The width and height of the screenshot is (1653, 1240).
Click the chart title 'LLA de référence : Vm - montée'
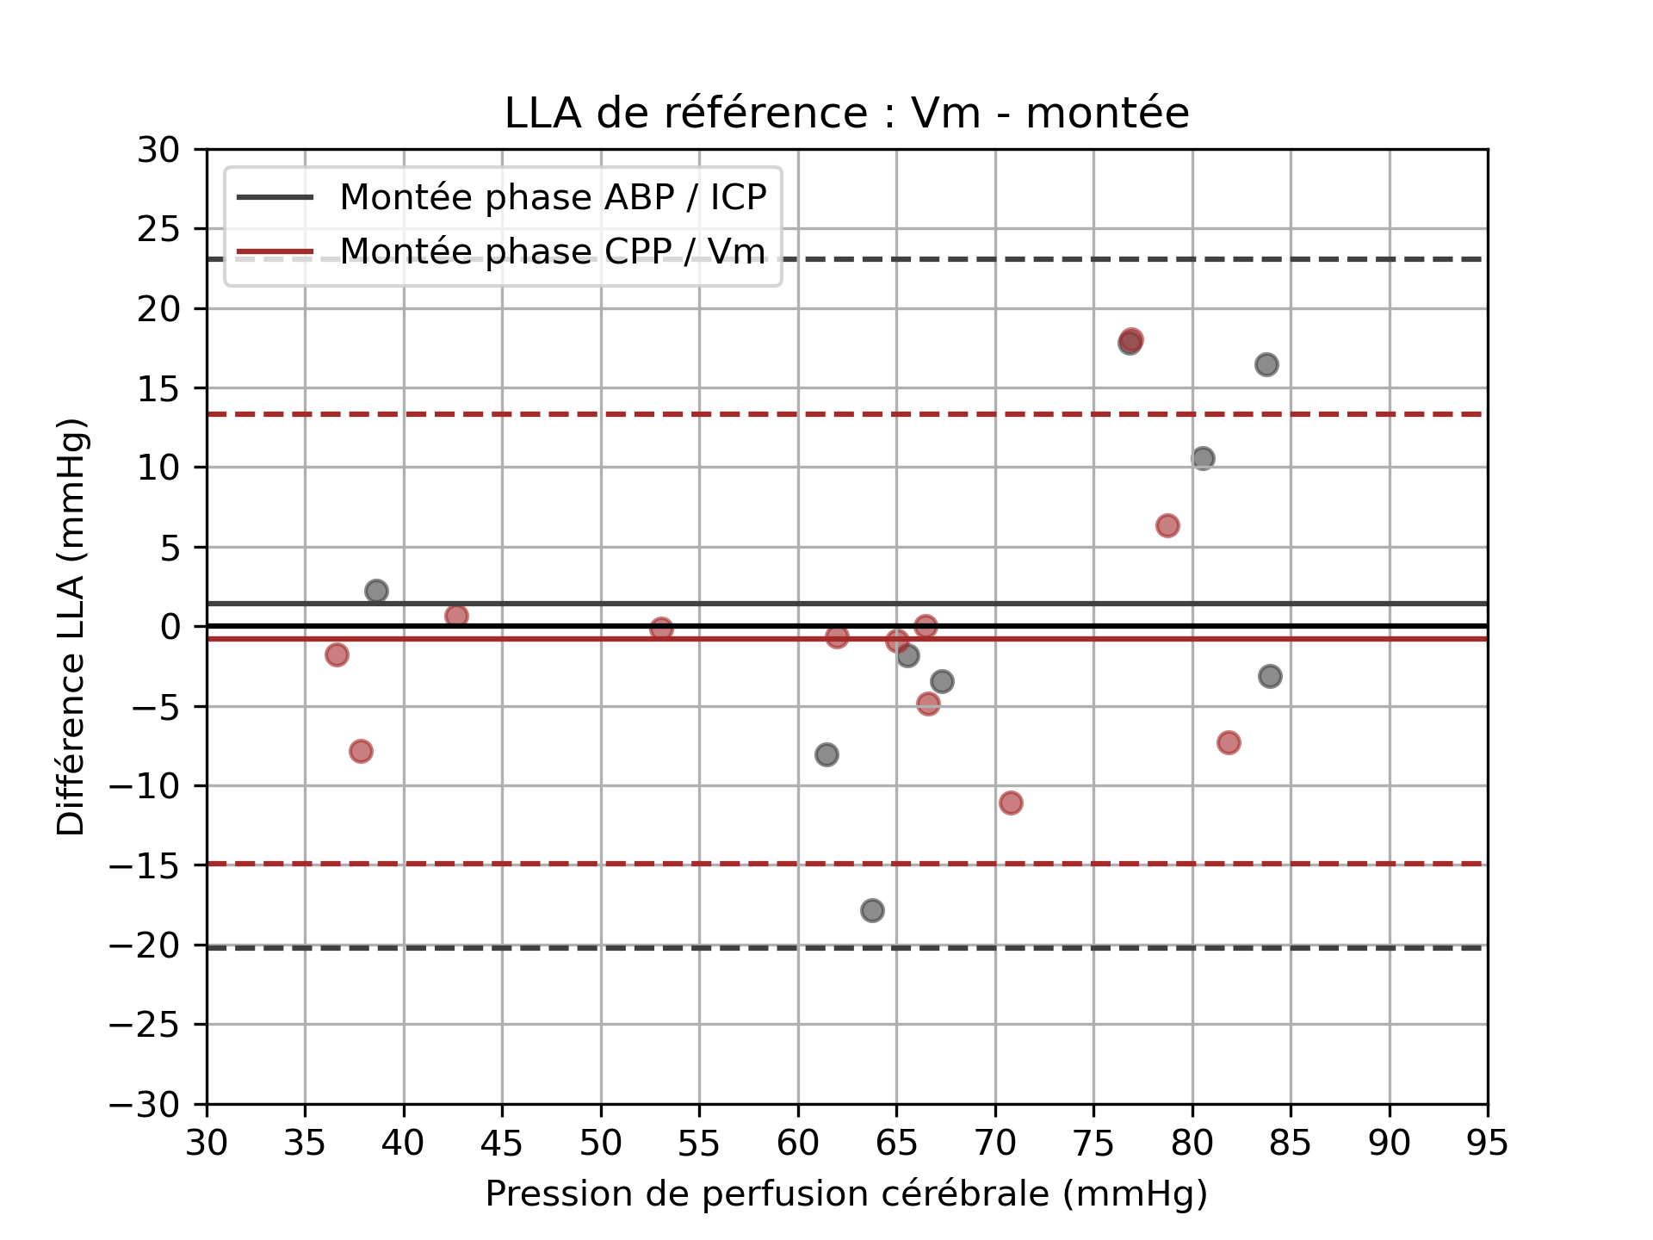coord(846,114)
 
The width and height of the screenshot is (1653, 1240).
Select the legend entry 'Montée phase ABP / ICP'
coord(553,198)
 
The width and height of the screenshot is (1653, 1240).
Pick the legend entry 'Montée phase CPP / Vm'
coord(552,251)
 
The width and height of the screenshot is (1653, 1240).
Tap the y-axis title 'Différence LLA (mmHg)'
coord(71,627)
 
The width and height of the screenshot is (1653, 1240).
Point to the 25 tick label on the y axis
coord(158,229)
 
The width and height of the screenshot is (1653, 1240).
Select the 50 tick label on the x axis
coord(601,1144)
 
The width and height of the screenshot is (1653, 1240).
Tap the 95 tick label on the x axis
coord(1487,1144)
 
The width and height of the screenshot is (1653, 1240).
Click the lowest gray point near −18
coord(872,910)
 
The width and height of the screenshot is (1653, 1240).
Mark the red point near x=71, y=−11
coord(1011,803)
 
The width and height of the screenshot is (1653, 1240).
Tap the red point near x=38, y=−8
coord(361,752)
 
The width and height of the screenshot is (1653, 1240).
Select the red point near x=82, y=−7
coord(1229,743)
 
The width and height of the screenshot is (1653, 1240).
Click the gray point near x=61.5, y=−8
coord(826,755)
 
